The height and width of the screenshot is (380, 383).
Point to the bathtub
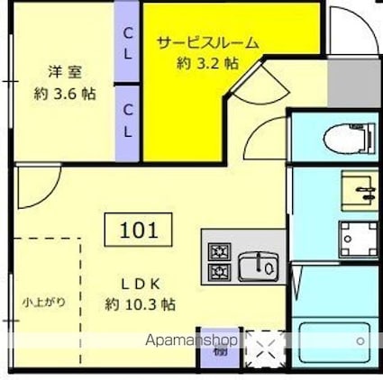(x=334, y=343)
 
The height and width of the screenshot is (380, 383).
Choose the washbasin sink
(x=361, y=189)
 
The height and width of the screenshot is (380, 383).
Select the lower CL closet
(x=129, y=121)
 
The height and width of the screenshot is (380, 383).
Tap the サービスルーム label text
(x=207, y=41)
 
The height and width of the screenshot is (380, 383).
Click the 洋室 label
(x=61, y=70)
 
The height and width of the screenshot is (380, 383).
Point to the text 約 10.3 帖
(x=140, y=304)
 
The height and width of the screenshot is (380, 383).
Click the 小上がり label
(x=44, y=302)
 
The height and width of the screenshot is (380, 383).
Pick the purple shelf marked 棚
(x=222, y=353)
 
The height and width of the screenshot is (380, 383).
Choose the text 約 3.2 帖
(x=207, y=65)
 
